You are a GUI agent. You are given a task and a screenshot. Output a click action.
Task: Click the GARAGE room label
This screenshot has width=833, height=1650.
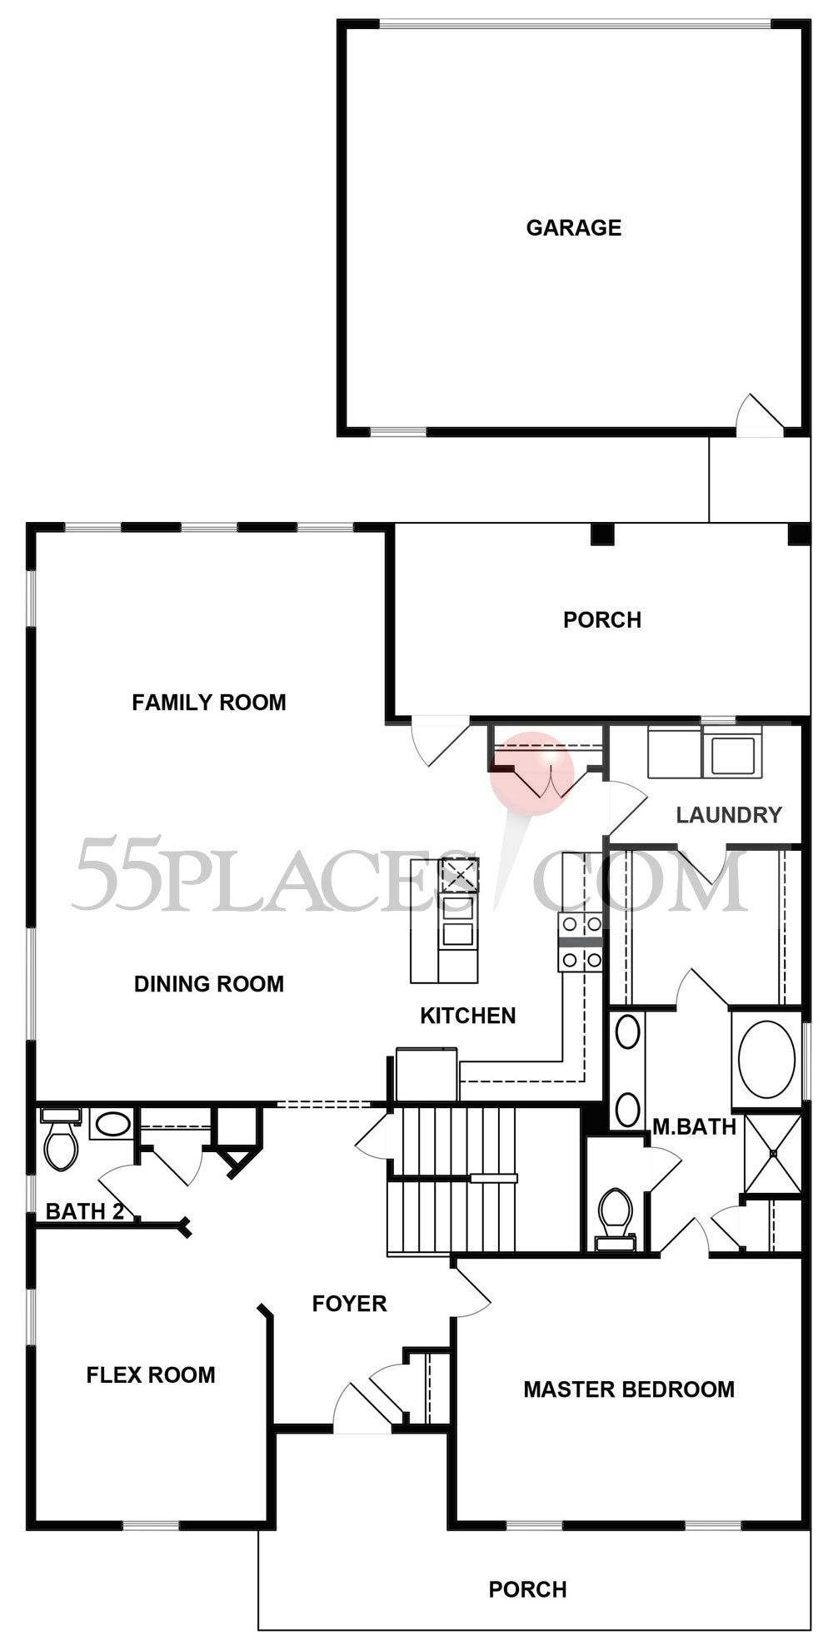573,227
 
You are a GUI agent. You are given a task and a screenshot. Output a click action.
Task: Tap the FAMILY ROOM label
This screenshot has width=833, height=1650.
208,702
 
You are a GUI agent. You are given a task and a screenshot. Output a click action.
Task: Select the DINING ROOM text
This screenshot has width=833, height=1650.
208,983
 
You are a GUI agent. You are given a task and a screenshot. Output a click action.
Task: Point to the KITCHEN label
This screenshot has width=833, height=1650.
467,1015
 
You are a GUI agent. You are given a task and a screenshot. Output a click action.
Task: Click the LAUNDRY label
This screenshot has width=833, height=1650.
729,814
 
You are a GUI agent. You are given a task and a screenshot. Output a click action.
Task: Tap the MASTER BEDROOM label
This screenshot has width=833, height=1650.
629,1389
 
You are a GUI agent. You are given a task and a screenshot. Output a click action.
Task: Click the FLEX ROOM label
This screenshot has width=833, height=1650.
151,1374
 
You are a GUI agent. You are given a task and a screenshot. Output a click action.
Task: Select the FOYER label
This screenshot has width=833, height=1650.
349,1303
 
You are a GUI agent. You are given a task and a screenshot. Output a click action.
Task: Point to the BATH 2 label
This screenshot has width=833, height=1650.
84,1211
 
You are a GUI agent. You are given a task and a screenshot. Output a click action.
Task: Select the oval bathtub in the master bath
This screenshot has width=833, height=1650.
767,1056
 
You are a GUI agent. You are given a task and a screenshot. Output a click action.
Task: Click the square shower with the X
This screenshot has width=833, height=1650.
773,1153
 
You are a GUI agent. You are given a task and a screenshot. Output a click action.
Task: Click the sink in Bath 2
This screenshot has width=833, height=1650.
112,1125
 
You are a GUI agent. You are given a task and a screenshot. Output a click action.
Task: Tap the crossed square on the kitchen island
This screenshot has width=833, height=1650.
459,874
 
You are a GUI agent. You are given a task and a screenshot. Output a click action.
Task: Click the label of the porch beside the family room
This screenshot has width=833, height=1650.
601,619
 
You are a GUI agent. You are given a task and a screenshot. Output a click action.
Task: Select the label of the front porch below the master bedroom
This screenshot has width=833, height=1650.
527,1589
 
